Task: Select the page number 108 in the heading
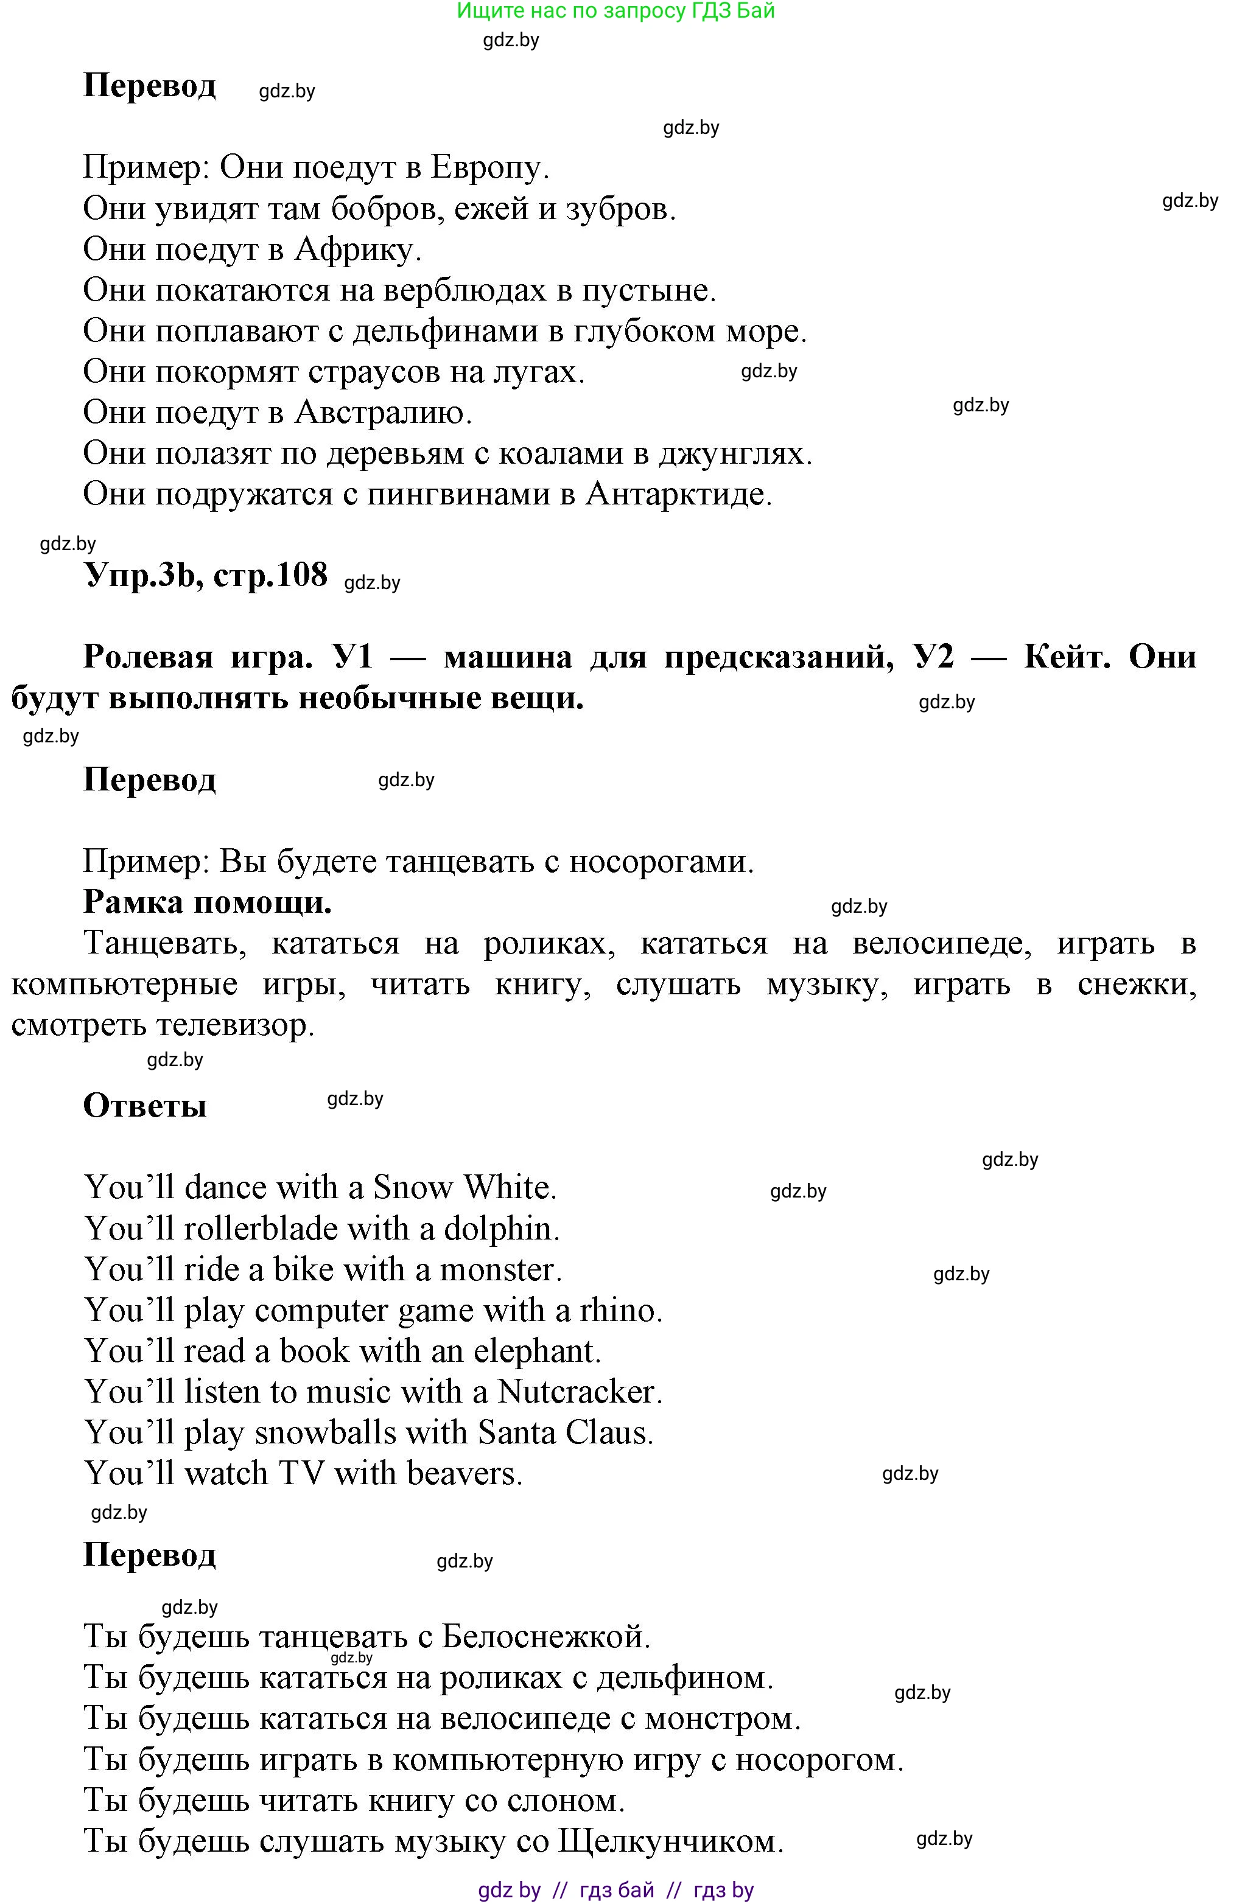tap(302, 574)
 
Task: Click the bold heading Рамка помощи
tap(207, 902)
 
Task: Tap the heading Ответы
tap(145, 1106)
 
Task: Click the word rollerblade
tap(270, 1228)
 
